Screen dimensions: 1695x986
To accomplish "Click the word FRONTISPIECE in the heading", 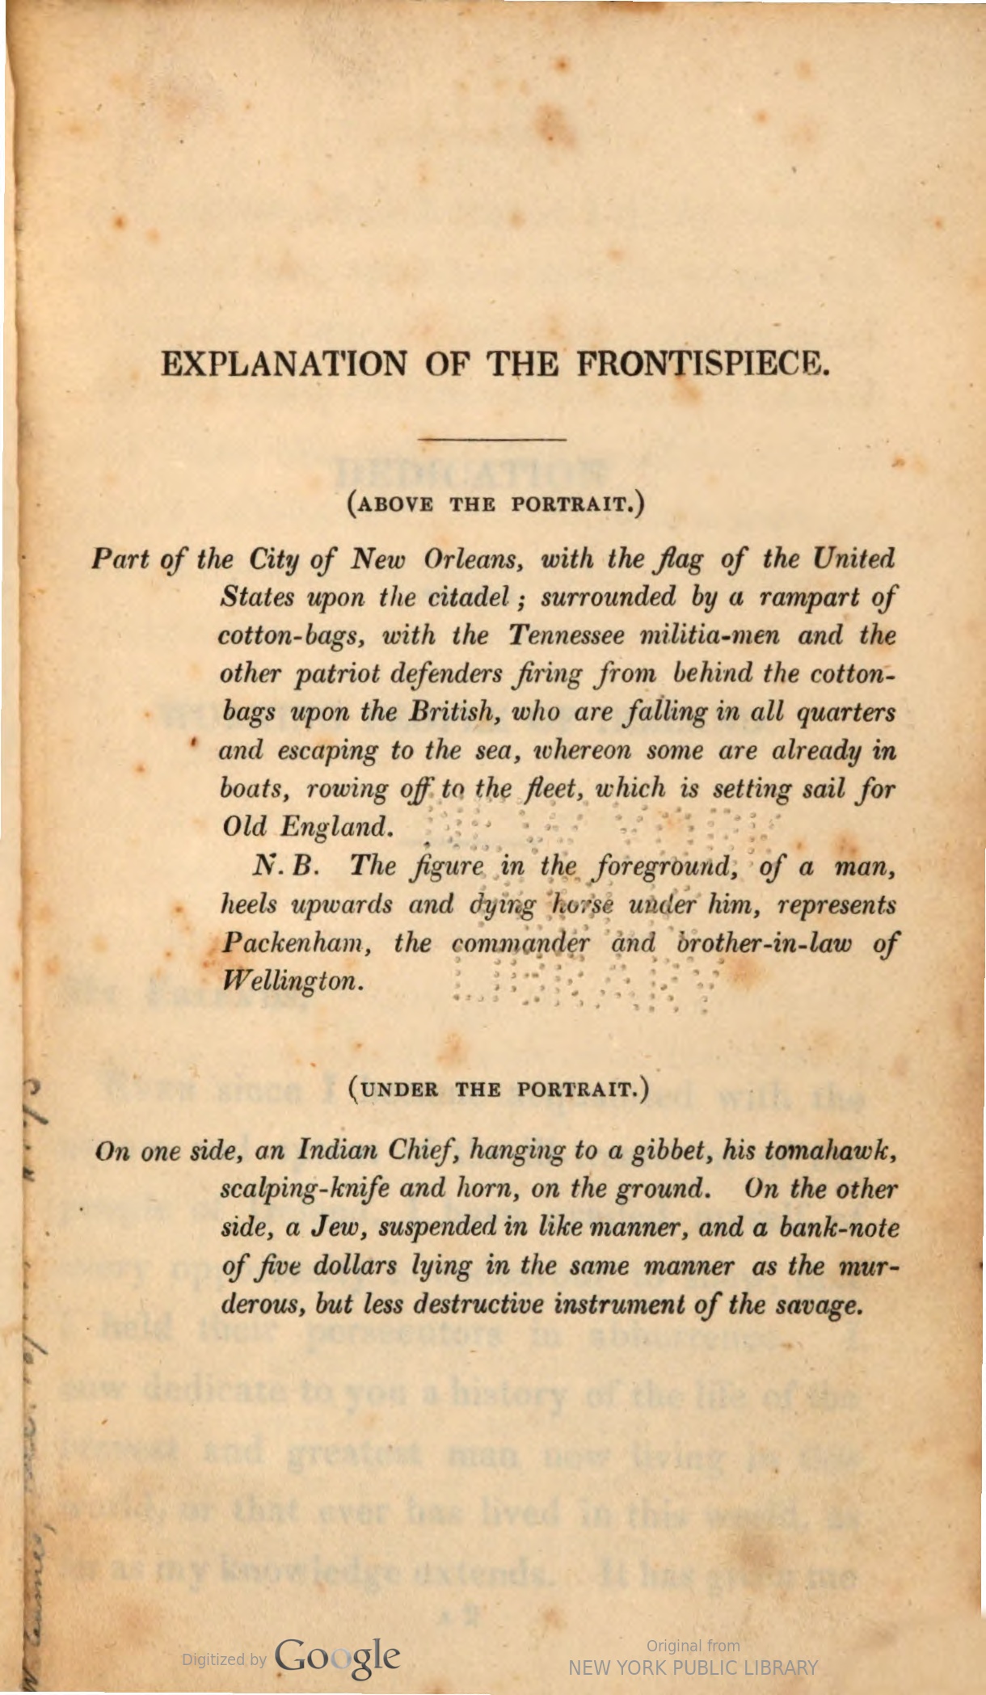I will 702,365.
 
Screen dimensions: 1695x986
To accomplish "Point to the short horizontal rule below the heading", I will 492,439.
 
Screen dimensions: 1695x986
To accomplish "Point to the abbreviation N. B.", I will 288,866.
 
